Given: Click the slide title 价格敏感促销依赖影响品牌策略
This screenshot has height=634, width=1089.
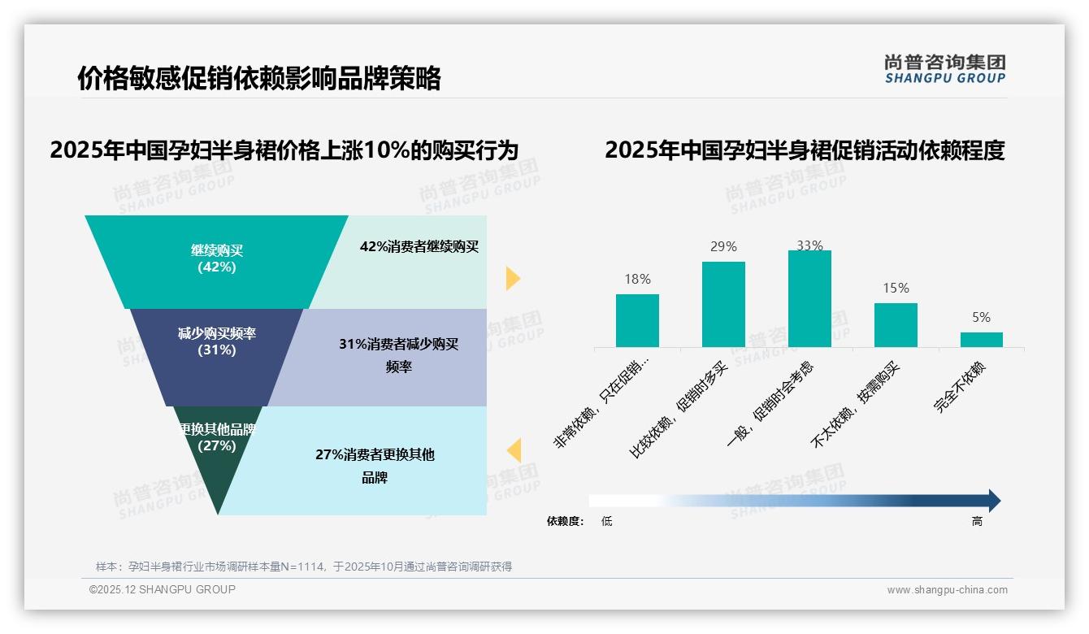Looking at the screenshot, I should pos(258,79).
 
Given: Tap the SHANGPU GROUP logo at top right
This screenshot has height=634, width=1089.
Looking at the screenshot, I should pos(944,69).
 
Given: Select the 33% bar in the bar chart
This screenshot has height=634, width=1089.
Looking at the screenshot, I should pos(809,298).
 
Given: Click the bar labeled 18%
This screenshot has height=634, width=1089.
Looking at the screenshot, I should pos(637,320).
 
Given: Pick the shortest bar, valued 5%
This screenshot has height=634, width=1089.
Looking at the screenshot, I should pos(981,339).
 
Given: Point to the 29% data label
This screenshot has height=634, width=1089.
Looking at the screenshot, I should pos(723,246).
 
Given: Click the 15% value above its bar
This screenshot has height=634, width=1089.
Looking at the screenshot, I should pos(896,288).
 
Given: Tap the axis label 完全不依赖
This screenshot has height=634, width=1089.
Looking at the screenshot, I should pos(961,387).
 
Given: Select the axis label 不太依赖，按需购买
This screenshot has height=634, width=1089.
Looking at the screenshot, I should pos(858,404).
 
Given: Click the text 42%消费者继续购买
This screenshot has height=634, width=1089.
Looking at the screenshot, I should pos(419,246).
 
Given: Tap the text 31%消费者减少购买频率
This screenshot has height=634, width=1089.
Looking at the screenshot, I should pos(398,355).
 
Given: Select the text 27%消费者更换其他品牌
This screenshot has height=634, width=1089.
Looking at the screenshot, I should pos(375,465).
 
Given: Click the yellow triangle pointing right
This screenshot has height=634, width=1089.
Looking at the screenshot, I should pos(512,278).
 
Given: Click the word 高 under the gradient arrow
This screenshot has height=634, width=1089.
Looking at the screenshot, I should pos(977,521).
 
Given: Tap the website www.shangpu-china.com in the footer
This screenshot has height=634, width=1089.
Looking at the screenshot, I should pos(947,590).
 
